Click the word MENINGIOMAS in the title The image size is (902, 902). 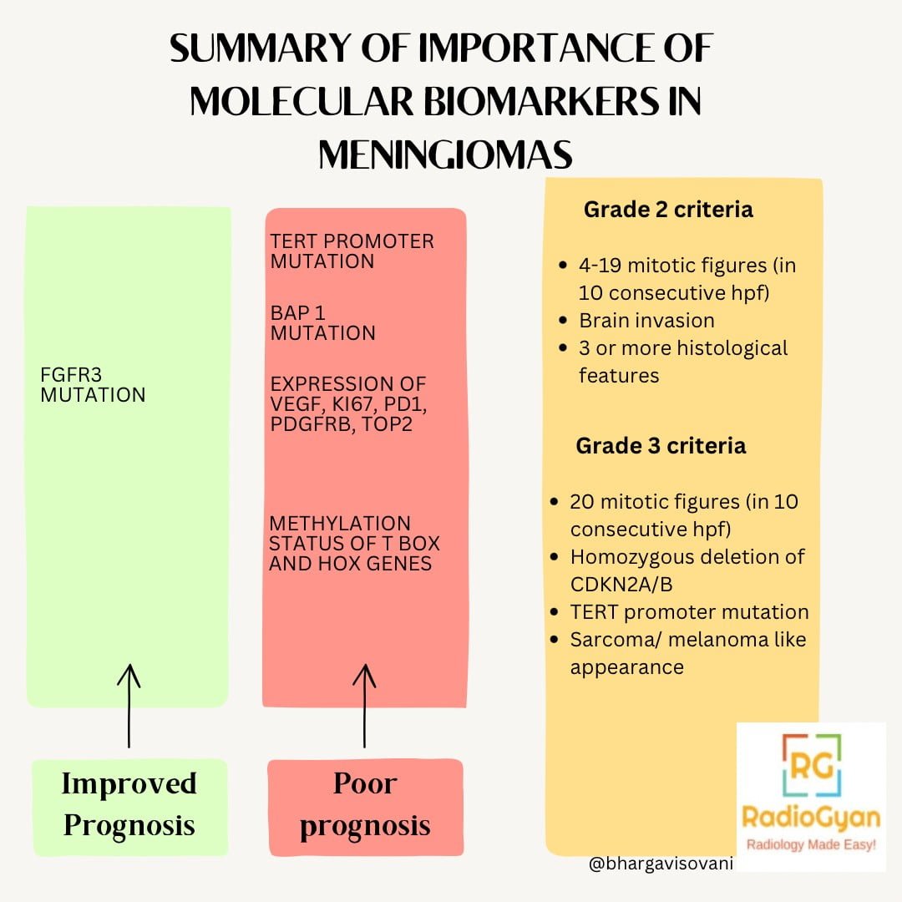445,155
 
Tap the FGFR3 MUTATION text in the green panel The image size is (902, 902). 93,385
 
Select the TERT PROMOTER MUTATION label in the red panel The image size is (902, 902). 352,251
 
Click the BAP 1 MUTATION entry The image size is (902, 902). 322,323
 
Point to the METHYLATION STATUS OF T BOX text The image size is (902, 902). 354,543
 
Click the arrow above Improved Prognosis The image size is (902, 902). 129,706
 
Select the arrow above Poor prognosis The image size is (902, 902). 364,706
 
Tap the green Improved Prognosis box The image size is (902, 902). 129,805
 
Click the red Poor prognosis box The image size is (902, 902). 365,805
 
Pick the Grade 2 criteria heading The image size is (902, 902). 668,209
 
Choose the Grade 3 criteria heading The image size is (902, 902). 661,445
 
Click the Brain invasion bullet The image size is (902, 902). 646,321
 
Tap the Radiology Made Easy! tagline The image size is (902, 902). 810,845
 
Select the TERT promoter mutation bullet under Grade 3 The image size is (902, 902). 689,612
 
